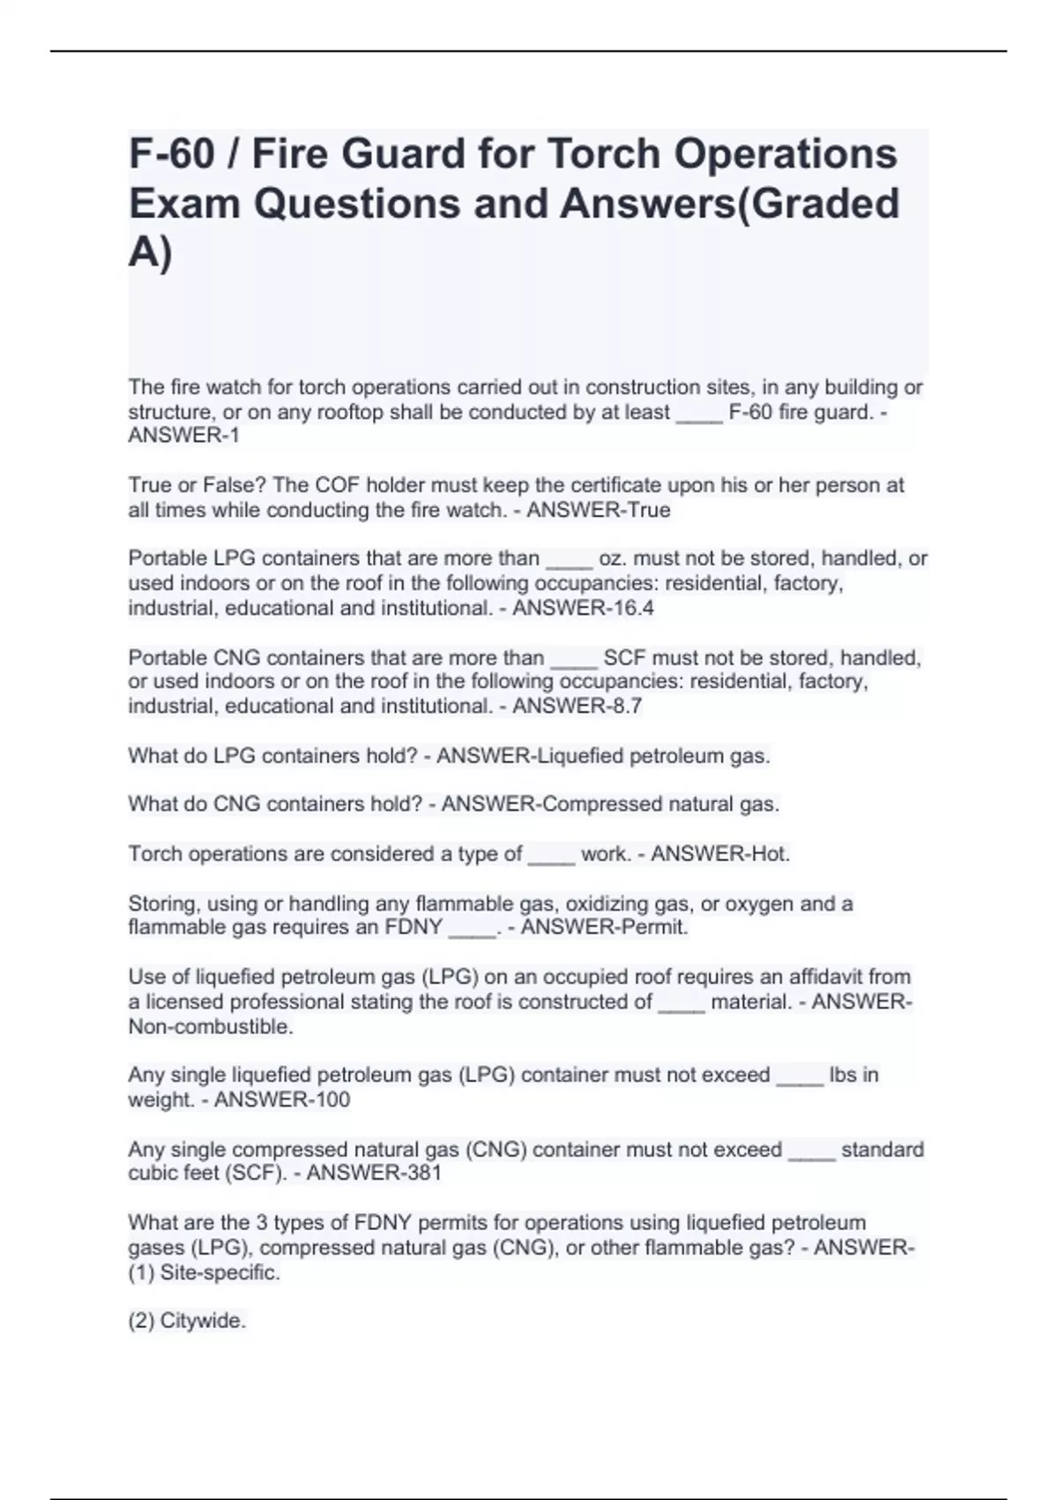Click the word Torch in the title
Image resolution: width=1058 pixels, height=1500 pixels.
603,154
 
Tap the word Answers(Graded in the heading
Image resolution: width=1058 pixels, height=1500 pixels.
730,203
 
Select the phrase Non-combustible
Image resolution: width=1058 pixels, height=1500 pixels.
211,1026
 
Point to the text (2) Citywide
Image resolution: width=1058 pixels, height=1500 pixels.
187,1321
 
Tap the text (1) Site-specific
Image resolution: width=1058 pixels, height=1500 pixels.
205,1272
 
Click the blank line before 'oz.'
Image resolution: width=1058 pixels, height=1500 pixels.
569,561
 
